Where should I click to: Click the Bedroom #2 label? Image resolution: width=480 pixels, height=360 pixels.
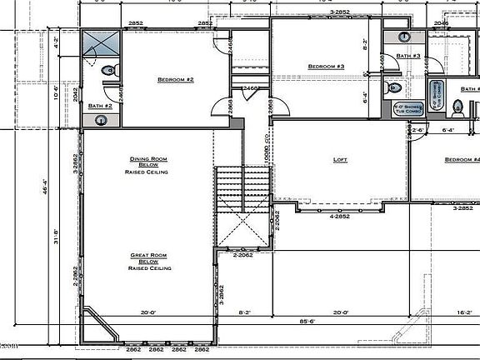coord(175,80)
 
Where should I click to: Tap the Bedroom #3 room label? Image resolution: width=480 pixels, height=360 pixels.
coord(326,67)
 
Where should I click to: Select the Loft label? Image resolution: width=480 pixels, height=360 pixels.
coord(340,160)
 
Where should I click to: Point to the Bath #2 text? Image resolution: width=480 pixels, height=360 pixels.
coord(100,106)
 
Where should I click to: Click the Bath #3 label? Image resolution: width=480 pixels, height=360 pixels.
coord(408,56)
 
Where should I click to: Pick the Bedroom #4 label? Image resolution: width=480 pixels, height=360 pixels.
coord(462,160)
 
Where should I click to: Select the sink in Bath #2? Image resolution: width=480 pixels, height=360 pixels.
coord(101,120)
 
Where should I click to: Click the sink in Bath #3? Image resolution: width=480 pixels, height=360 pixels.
coord(403,37)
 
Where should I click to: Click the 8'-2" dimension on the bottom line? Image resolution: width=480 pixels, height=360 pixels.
coord(246,312)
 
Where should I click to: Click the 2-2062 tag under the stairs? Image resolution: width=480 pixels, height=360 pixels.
coord(242,255)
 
